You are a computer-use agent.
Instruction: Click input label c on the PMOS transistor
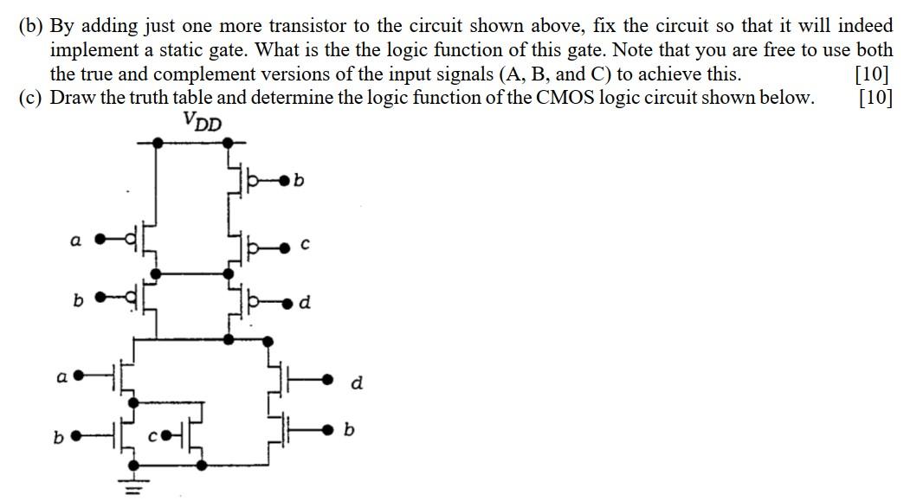click(306, 247)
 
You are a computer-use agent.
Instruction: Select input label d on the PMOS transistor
click(304, 304)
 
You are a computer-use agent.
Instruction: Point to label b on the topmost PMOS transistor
click(299, 182)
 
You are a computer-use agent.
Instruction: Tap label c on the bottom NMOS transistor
click(150, 437)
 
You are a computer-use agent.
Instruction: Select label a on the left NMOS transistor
click(61, 376)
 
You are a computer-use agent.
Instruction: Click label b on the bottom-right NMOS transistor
click(350, 428)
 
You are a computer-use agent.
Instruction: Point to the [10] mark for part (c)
click(875, 97)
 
